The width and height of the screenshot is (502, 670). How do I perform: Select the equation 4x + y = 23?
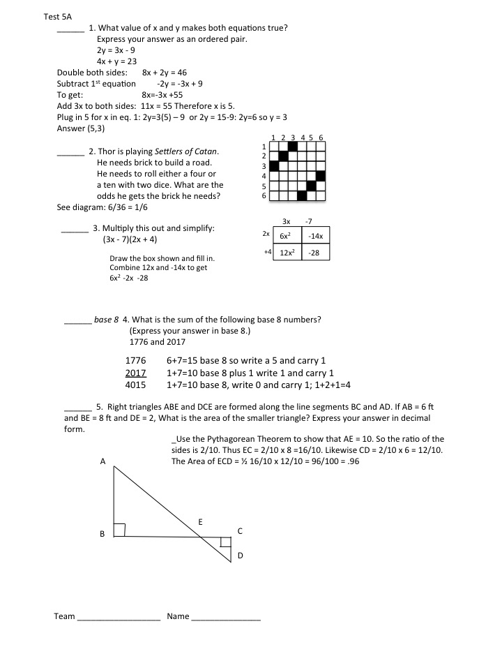116,61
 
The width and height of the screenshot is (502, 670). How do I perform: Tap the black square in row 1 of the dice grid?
293,147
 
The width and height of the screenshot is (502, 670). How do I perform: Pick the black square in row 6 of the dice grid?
302,196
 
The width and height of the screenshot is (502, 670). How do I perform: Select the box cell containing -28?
314,253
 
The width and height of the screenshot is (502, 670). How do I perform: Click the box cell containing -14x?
314,236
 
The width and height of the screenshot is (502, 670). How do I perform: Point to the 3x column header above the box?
286,221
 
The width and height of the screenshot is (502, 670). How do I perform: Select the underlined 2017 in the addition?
135,373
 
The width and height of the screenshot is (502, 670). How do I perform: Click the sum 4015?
135,385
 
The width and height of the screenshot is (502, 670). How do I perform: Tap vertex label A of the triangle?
102,461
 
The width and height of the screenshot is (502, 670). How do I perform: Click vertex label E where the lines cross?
200,521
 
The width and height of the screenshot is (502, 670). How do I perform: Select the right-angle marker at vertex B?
119,530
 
